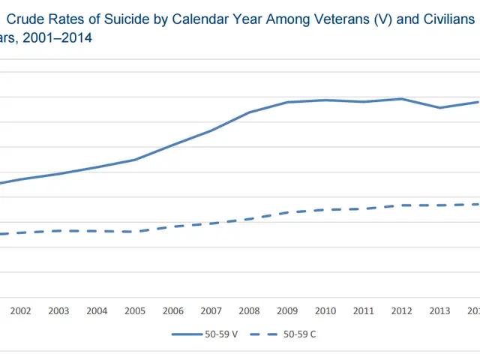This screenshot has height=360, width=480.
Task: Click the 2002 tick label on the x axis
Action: coord(21,310)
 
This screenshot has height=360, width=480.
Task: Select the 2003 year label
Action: coord(58,310)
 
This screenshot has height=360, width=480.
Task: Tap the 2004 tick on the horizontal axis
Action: coord(97,310)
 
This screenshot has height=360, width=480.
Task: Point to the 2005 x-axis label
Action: coord(135,310)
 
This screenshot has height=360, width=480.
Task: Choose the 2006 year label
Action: coord(173,310)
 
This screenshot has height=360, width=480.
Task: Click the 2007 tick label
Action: coord(211,310)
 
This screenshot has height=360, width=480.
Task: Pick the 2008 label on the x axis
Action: coord(250,310)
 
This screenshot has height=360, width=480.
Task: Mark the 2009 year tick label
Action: coord(287,310)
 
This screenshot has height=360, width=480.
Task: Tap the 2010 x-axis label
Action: coord(325,310)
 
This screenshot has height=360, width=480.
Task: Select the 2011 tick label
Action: coord(364,310)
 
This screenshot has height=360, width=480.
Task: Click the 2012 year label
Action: coord(402,310)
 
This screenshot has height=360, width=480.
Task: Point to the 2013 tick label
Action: coord(440,310)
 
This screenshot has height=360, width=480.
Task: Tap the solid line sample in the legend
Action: coord(190,334)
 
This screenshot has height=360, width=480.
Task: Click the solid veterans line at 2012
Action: coord(402,99)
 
